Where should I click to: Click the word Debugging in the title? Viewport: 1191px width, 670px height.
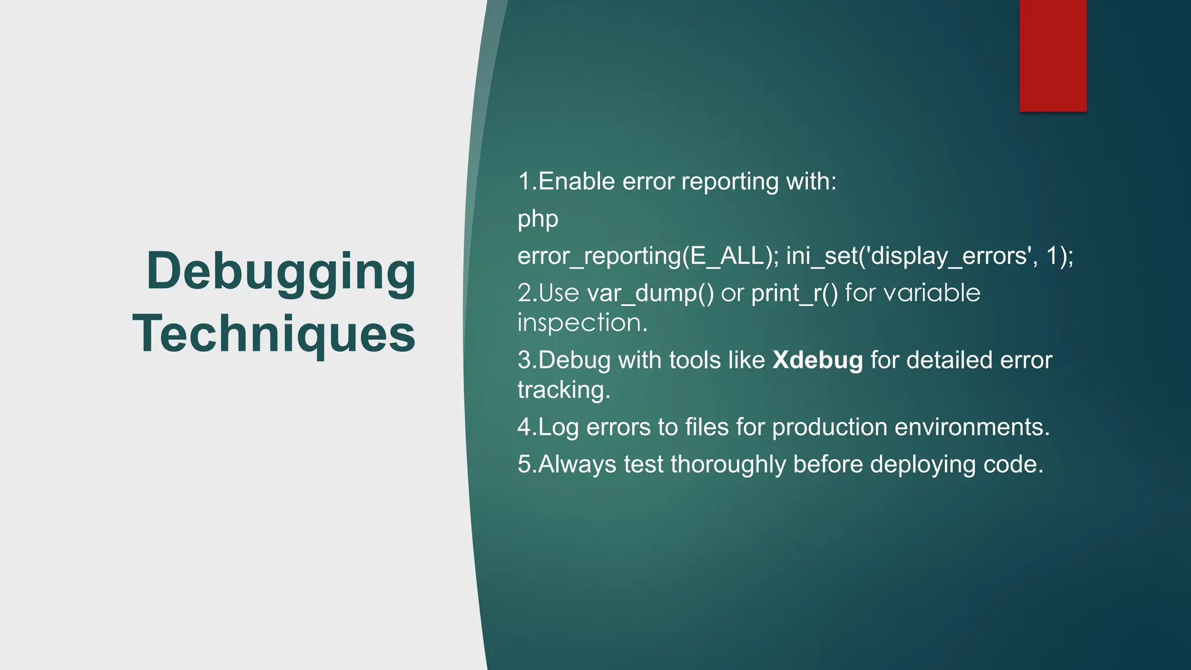click(281, 272)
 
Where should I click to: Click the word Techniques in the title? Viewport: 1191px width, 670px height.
click(274, 334)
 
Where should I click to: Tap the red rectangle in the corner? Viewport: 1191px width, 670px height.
click(1053, 56)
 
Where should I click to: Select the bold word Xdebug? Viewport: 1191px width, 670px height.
click(817, 361)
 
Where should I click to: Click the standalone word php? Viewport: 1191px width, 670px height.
click(537, 220)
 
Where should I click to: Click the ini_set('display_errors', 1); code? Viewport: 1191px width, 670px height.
click(929, 256)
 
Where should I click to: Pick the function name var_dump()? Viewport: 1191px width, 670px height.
click(650, 293)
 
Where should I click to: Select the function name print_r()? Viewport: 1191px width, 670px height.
click(794, 293)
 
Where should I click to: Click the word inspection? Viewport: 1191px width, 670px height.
click(582, 323)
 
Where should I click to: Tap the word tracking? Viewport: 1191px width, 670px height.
click(563, 390)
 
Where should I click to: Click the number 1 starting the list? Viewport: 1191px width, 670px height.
click(524, 182)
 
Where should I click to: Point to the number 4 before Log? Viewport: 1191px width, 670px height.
click(524, 427)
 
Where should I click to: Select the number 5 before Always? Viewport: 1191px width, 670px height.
click(524, 465)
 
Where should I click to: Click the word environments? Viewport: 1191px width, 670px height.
click(971, 427)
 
